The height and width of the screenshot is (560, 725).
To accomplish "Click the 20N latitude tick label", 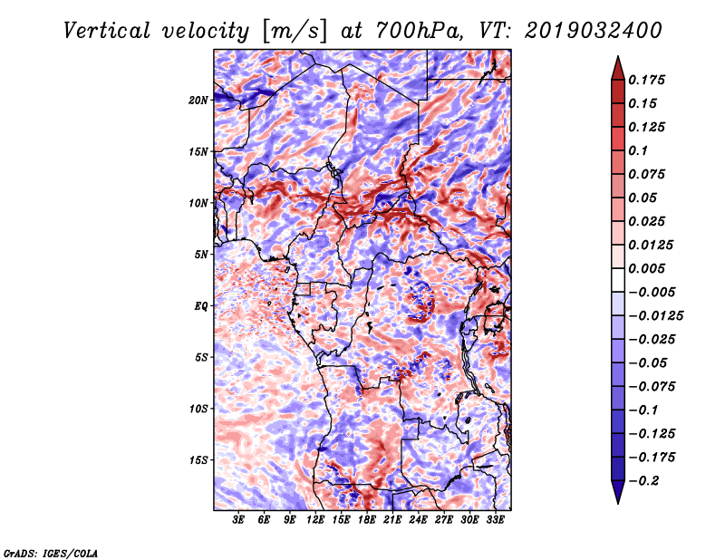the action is tap(198, 101).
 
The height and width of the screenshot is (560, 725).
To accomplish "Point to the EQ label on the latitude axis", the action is tap(200, 306).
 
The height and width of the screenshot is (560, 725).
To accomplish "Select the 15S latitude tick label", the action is tap(198, 460).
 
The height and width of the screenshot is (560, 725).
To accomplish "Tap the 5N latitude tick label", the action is tap(201, 255).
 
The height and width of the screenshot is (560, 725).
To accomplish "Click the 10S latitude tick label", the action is tap(198, 409).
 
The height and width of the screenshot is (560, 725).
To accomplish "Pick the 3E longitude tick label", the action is tap(238, 520).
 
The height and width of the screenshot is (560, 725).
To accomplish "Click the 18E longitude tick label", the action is tap(367, 520).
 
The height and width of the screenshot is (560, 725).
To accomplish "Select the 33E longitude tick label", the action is tap(495, 520).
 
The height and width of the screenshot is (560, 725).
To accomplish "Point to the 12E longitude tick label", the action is tap(315, 520).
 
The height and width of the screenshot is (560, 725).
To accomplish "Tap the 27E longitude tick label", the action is tap(444, 520).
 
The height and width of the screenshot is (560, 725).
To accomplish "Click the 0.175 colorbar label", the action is tap(646, 80).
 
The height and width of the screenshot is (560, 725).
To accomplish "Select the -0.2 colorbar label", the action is tap(644, 481).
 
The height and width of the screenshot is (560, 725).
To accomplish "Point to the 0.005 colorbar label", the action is tap(646, 268).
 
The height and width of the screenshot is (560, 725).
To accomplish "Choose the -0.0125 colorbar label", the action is tap(656, 316).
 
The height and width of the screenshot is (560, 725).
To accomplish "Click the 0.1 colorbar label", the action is tap(638, 150).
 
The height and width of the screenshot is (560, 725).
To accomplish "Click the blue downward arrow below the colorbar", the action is tap(618, 490).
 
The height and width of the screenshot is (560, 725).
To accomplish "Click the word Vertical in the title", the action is tap(107, 31).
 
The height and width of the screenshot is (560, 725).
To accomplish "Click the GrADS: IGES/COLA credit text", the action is tap(51, 553).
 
